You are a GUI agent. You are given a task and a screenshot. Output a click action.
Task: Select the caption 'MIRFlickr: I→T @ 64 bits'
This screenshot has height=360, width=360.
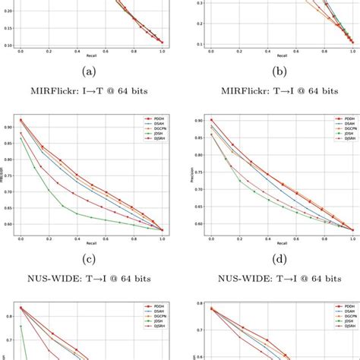90,91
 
